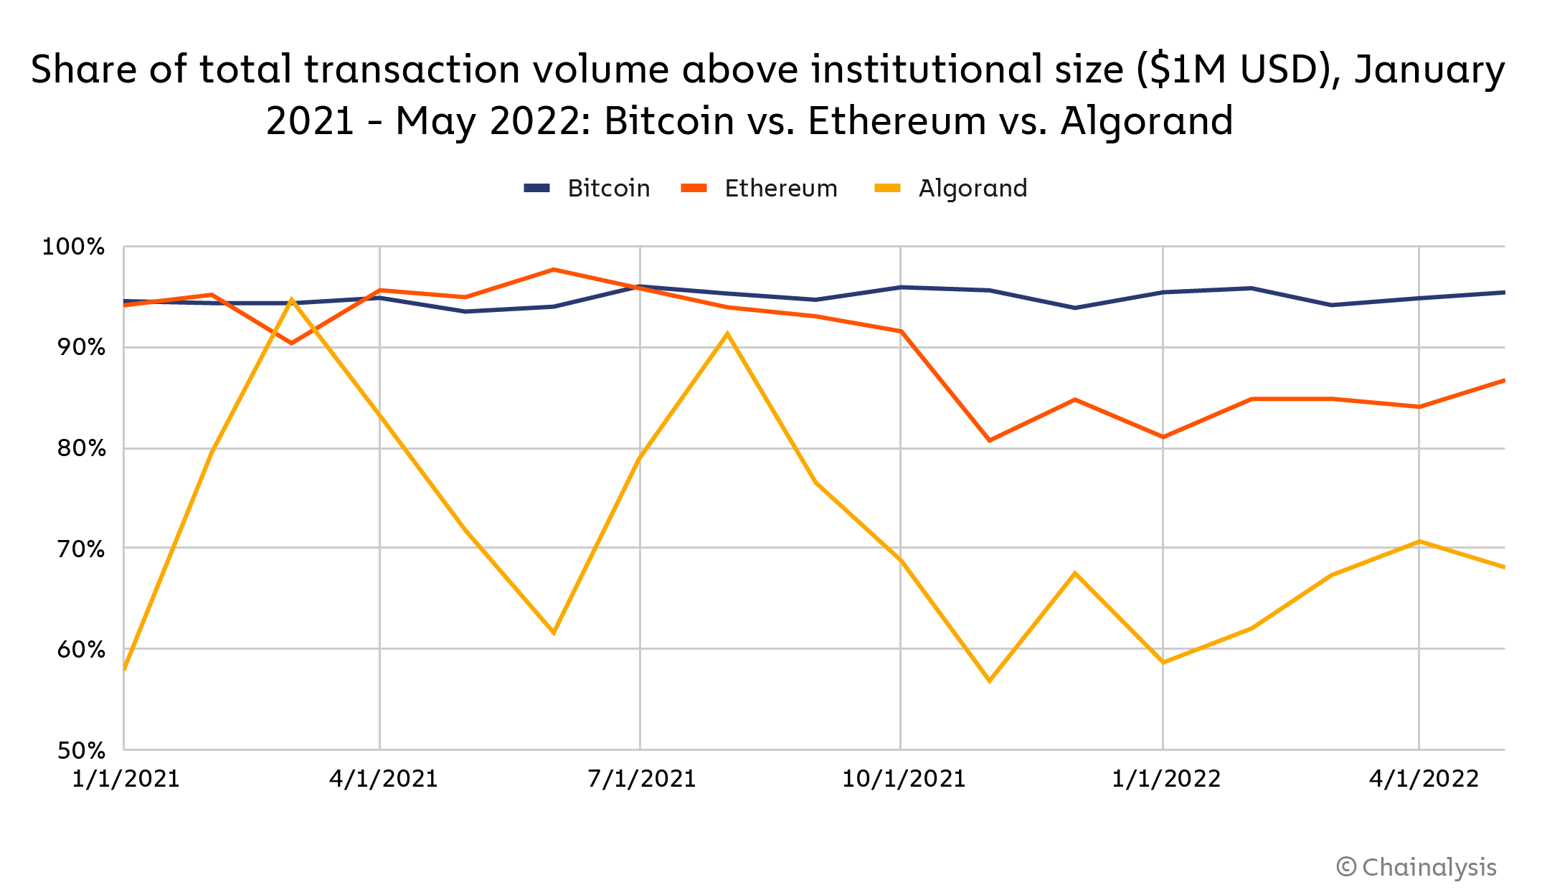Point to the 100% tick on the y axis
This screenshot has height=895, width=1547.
click(x=74, y=247)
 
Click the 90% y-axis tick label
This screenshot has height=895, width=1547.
click(x=81, y=348)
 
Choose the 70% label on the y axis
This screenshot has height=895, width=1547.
click(x=81, y=549)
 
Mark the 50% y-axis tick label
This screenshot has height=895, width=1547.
click(x=81, y=751)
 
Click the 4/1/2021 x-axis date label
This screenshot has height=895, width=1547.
click(x=383, y=779)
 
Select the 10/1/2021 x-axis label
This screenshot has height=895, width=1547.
click(x=903, y=779)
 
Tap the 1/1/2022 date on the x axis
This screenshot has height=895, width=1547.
click(x=1165, y=779)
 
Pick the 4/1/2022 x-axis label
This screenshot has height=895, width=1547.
click(x=1423, y=779)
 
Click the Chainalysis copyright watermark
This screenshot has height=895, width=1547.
click(x=1416, y=867)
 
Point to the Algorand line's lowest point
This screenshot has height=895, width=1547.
click(x=990, y=681)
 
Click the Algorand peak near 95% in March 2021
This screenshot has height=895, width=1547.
click(x=291, y=299)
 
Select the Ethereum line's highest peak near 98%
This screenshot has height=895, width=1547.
click(x=553, y=270)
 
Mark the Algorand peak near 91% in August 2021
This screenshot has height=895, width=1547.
click(x=727, y=333)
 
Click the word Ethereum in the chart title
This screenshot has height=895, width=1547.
click(x=896, y=120)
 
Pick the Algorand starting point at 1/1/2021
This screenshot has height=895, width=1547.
click(x=125, y=669)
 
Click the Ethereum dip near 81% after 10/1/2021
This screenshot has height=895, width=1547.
click(x=990, y=440)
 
